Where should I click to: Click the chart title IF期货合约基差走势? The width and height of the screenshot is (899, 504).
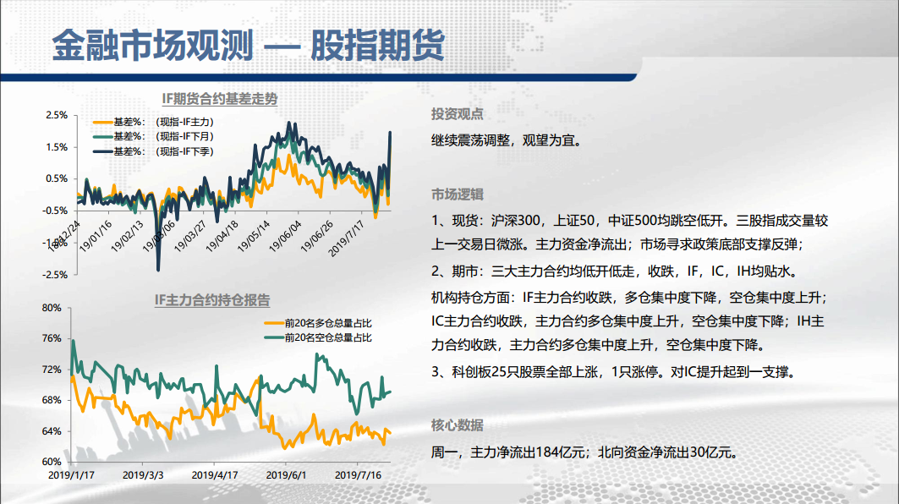tap(220, 99)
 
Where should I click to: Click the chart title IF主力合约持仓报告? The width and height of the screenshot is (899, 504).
tap(212, 300)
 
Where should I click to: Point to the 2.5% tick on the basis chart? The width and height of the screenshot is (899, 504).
tap(57, 115)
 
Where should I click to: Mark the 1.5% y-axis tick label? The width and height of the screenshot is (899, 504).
tap(57, 147)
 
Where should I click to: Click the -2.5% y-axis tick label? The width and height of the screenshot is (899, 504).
tap(55, 275)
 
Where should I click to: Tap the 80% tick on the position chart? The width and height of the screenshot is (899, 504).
tap(52, 308)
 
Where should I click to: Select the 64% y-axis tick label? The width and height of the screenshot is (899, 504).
tap(52, 431)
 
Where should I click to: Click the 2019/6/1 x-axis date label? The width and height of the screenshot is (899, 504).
tap(286, 475)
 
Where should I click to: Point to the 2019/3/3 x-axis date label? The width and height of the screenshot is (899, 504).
tap(143, 475)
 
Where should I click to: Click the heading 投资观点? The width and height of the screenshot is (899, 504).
tap(457, 114)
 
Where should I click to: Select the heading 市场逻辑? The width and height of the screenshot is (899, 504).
tap(457, 194)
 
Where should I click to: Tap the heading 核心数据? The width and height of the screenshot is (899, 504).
tap(457, 425)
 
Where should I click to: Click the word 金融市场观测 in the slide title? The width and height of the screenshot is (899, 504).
tap(152, 46)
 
